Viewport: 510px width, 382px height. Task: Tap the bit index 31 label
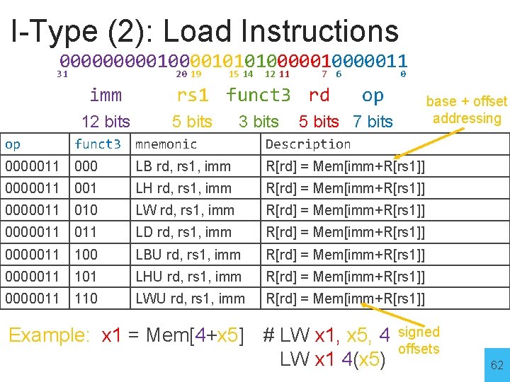tap(62, 74)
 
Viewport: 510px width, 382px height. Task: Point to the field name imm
tap(106, 95)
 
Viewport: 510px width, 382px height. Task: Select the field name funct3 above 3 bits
tap(258, 95)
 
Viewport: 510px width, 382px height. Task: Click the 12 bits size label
tap(106, 122)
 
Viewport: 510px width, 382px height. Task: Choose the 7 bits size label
tap(373, 122)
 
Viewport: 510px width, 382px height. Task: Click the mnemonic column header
tap(166, 144)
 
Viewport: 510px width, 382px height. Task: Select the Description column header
tap(308, 144)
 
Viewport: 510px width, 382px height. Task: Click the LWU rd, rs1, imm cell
tap(190, 299)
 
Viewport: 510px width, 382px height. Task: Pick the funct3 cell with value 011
tap(86, 232)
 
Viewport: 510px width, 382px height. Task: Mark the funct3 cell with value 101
tap(86, 277)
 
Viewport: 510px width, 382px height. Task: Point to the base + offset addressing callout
tap(466, 110)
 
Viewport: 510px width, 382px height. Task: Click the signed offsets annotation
tap(419, 340)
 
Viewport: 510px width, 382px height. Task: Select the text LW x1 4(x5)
tap(333, 359)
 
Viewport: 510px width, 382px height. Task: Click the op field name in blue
tap(373, 95)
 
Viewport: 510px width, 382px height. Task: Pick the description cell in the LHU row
tap(345, 277)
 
